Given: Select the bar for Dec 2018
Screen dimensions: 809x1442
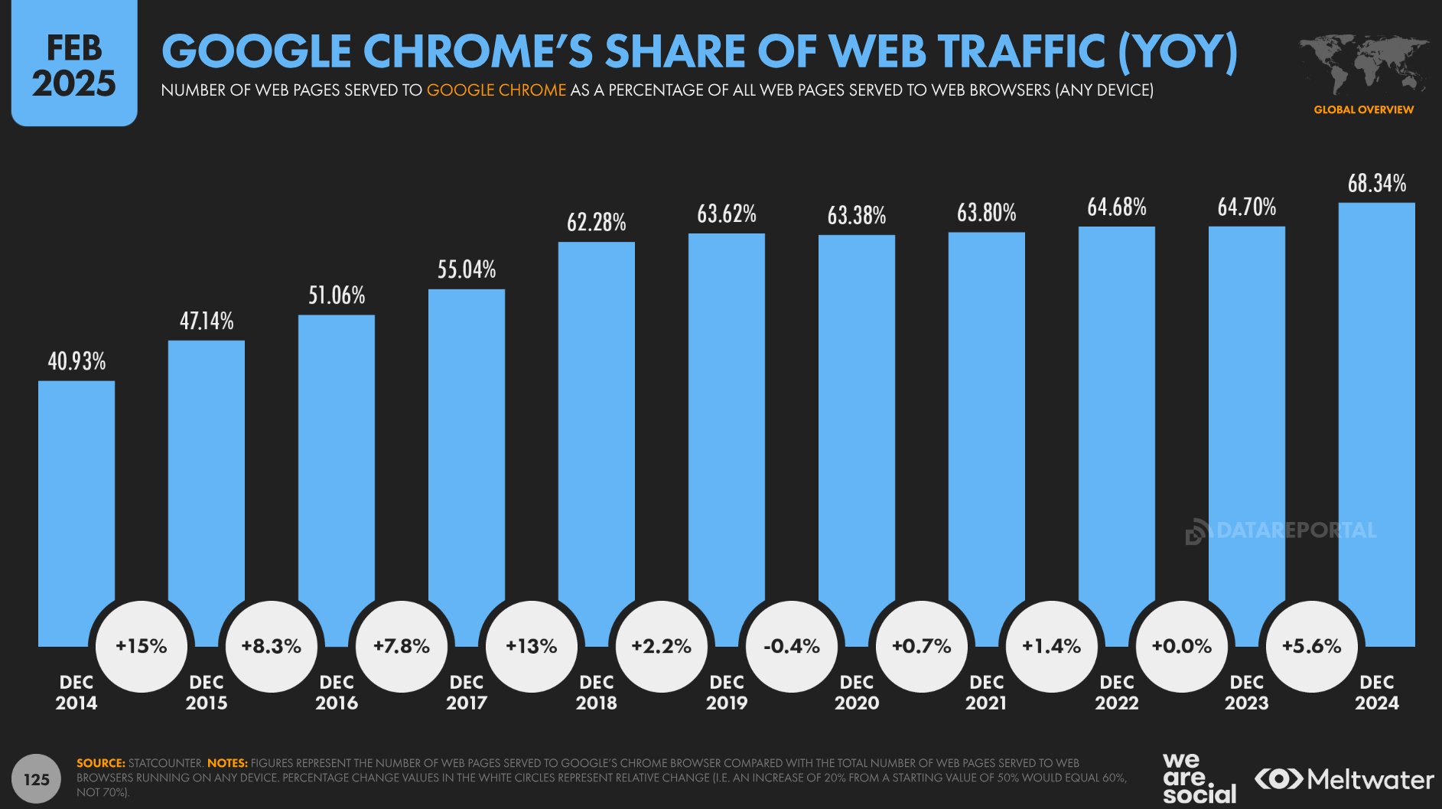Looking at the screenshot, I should [x=596, y=429].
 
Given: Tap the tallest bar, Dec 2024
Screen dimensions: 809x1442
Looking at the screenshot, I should [x=1376, y=413].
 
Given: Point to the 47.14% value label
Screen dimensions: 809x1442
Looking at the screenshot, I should [x=207, y=321].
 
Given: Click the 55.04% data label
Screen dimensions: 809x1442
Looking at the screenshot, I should [x=467, y=269].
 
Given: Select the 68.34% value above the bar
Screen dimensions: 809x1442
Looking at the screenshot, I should [x=1376, y=184].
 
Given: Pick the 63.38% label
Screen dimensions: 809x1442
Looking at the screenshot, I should [x=856, y=216].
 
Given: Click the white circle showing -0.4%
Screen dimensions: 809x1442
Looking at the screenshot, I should [x=792, y=647].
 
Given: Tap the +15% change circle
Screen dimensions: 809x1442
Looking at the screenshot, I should [x=142, y=647].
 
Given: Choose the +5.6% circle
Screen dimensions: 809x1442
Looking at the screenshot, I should [x=1312, y=647].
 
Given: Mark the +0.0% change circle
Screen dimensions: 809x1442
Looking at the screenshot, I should [x=1182, y=647].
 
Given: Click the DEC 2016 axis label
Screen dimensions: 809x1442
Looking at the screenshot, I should [x=337, y=693].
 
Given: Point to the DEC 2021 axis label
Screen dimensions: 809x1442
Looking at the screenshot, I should [x=986, y=693].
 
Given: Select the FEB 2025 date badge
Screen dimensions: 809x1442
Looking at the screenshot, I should [x=74, y=65].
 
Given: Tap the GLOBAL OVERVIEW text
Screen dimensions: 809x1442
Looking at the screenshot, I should [x=1363, y=110].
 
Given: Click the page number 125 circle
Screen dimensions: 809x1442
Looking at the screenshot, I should [x=36, y=779].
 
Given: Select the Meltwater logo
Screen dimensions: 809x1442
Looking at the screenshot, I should [x=1344, y=780].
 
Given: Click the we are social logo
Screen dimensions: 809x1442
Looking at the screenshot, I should [x=1198, y=778].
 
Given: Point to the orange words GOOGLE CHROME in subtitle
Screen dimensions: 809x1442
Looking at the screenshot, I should [x=496, y=90].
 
